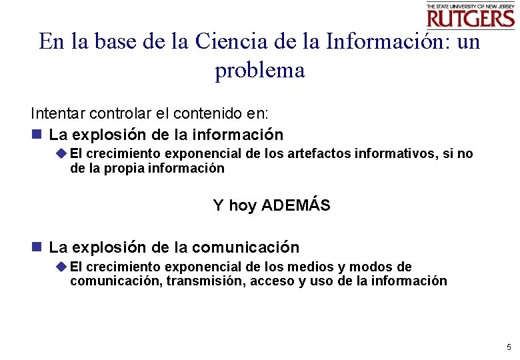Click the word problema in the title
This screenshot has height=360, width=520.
(x=259, y=70)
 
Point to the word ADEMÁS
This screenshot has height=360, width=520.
(x=295, y=205)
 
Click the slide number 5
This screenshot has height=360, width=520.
(x=509, y=347)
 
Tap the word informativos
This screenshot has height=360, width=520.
(x=397, y=154)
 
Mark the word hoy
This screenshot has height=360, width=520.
(x=242, y=206)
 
